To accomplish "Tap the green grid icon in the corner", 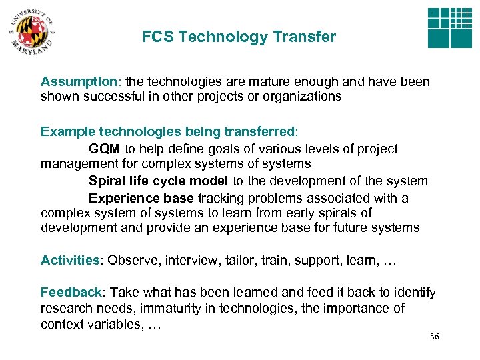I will (449, 28).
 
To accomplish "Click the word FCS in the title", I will (157, 37).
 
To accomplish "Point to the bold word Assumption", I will (79, 82).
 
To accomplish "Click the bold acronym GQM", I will (104, 149).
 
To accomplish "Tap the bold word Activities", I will (69, 260).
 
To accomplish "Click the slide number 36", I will (435, 337).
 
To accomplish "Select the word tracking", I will (221, 198).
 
